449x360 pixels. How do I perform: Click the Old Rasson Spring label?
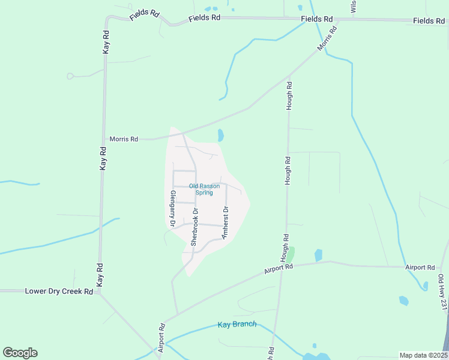200,189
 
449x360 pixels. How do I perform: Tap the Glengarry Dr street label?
172,208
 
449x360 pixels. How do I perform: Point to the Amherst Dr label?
226,223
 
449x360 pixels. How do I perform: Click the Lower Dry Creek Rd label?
59,291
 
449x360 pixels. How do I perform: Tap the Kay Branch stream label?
237,325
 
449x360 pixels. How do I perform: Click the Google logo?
20,353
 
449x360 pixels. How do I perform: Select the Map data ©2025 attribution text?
423,355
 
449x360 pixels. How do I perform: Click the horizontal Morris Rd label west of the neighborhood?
124,139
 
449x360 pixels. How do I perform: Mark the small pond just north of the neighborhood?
220,135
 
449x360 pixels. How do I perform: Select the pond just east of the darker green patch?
318,255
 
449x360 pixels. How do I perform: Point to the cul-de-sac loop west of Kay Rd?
70,76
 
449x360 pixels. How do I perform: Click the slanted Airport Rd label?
278,267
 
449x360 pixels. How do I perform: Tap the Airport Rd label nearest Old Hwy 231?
420,267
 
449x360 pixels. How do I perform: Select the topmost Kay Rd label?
106,43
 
